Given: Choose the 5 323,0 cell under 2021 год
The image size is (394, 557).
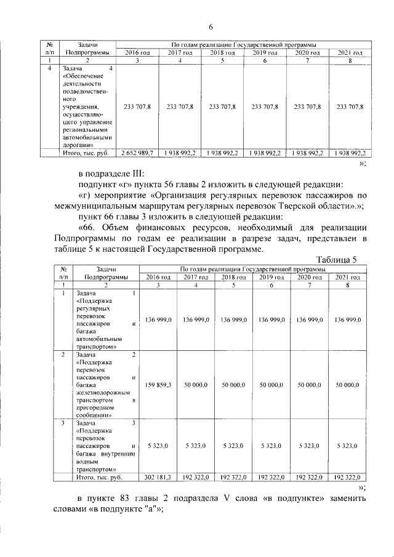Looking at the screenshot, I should (x=348, y=444).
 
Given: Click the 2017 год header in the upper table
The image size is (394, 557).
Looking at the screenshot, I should (x=180, y=54).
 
